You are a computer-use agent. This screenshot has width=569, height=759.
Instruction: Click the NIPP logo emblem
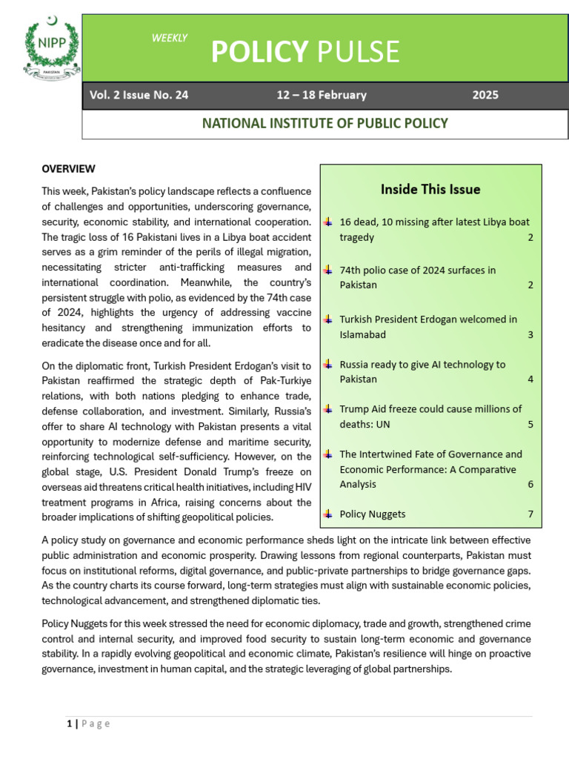tap(51, 49)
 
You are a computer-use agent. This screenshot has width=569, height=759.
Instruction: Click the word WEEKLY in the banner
tap(169, 38)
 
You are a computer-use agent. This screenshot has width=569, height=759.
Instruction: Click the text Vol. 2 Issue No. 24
tap(139, 95)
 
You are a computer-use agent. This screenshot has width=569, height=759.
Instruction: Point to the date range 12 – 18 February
tap(321, 95)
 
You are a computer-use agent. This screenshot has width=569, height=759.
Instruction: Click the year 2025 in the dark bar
tap(485, 95)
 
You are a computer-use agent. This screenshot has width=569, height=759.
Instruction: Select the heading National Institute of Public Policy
tap(325, 123)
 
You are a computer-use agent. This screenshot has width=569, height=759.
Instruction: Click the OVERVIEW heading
tap(69, 169)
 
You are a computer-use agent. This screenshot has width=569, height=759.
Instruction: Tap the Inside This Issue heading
tap(430, 189)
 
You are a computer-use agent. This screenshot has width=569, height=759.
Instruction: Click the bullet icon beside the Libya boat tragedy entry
tap(328, 222)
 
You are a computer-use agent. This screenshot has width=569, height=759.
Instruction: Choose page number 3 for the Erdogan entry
tap(530, 334)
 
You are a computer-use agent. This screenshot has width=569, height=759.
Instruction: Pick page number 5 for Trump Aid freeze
tap(530, 424)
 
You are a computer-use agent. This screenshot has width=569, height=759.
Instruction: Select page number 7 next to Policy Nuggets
tap(530, 514)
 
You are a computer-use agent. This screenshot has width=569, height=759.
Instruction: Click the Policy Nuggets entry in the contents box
tap(373, 514)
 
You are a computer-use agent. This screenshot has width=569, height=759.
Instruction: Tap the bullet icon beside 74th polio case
tap(328, 271)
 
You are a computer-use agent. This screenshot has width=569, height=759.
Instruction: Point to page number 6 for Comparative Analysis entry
tap(530, 484)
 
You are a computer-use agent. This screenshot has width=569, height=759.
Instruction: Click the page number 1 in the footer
tap(69, 724)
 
